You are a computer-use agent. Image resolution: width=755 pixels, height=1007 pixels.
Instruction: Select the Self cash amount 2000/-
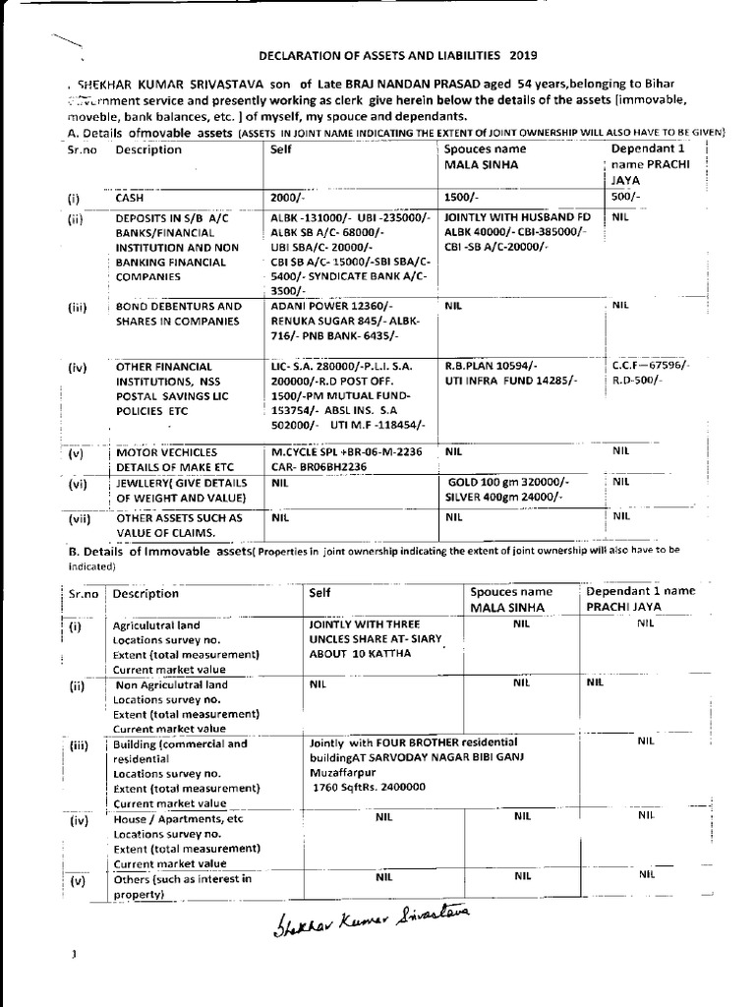(x=290, y=198)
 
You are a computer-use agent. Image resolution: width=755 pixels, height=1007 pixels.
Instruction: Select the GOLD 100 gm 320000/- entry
(x=510, y=483)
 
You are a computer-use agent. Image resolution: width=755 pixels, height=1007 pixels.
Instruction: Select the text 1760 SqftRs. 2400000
(x=370, y=788)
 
